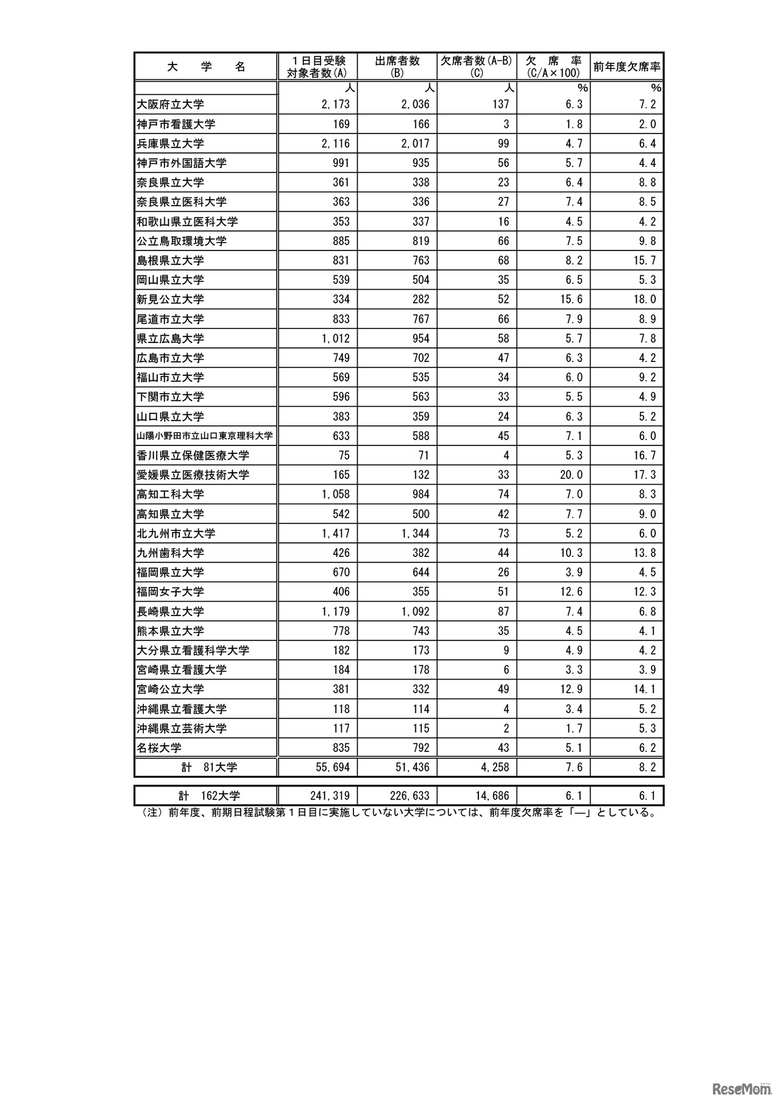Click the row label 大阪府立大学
coord(170,105)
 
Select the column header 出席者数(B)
coord(397,66)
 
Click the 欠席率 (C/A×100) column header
coord(553,66)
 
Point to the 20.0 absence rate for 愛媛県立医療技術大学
coord(572,475)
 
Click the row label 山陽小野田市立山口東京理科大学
coord(205,436)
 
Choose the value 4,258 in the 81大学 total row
coord(494,767)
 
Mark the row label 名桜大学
coord(159,748)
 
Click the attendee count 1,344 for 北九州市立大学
coord(415,533)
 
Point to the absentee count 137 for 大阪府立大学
coord(500,104)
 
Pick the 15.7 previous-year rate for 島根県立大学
coord(645,260)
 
